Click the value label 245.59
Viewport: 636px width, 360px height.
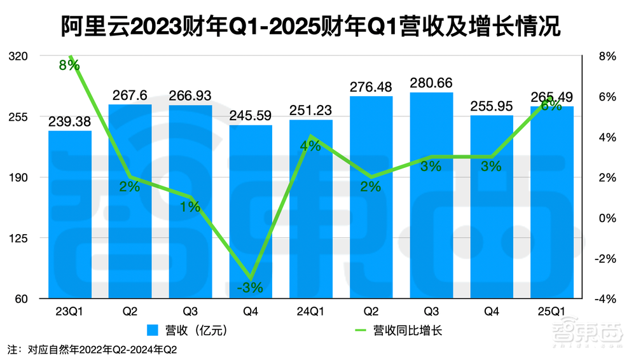click(251, 116)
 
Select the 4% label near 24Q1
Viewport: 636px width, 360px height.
click(310, 146)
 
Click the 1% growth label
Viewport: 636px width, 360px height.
click(190, 206)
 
